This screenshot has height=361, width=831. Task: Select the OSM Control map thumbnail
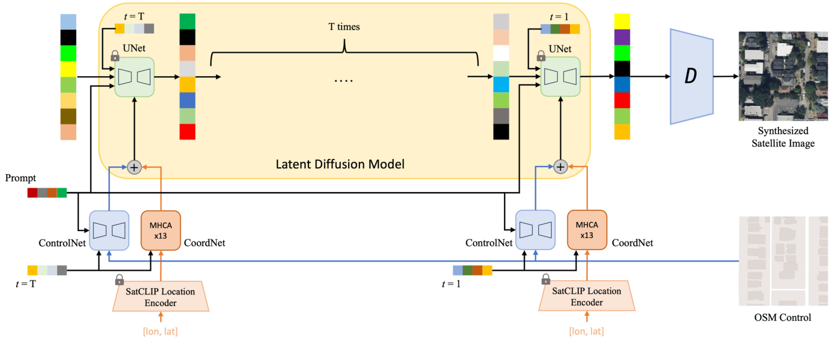(782, 260)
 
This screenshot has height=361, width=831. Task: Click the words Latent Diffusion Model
(340, 164)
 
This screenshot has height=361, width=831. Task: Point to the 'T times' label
(344, 27)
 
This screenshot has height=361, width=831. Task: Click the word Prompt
(21, 179)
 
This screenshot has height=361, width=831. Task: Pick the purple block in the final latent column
(622, 37)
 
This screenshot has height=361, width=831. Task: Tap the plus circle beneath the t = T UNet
(134, 166)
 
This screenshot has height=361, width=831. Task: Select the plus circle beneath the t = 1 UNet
(561, 166)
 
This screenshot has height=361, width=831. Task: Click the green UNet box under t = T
(134, 77)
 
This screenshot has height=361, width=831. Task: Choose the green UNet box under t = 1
(561, 77)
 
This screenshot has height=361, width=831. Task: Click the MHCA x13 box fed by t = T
(161, 229)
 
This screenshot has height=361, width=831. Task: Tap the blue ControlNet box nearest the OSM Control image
(535, 229)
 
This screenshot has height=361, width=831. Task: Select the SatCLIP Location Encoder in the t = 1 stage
(587, 297)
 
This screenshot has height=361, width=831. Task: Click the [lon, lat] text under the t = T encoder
(160, 331)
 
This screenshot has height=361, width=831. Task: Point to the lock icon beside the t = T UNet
(115, 55)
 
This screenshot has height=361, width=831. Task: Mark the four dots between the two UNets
(344, 80)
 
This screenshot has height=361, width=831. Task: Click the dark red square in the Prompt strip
(32, 193)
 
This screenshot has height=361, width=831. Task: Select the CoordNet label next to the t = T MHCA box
(205, 243)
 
